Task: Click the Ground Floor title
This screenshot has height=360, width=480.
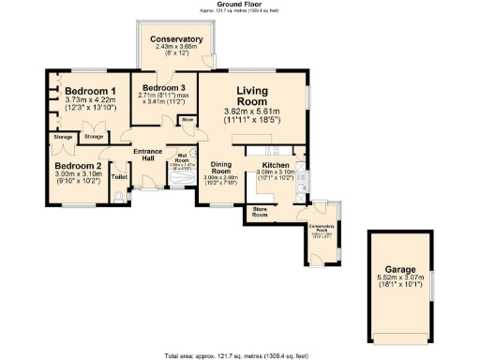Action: click(239, 4)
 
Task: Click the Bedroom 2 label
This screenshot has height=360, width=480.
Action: click(77, 165)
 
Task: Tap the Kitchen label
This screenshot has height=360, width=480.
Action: click(276, 164)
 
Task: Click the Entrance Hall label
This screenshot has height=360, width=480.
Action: click(148, 157)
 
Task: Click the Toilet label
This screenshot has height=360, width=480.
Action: click(119, 176)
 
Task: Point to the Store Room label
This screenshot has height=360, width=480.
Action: click(260, 212)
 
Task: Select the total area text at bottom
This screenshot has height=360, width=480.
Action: click(239, 355)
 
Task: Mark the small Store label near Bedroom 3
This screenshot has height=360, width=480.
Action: click(187, 120)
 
